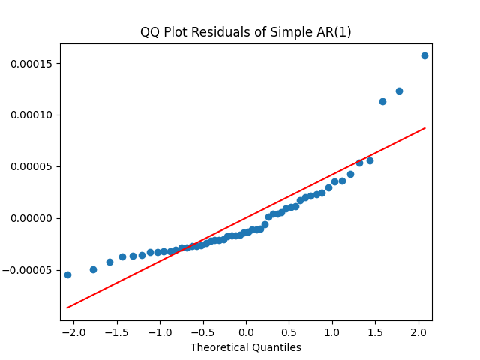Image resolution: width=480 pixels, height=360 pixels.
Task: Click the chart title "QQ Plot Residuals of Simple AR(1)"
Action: tap(246, 32)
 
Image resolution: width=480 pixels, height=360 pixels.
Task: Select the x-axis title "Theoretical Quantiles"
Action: tap(246, 347)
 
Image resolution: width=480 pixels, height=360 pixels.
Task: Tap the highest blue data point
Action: tap(424, 55)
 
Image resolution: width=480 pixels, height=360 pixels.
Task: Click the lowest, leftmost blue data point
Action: tap(67, 274)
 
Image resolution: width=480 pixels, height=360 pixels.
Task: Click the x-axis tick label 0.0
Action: tap(246, 331)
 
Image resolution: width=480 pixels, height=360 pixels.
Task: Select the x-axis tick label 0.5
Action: tap(289, 331)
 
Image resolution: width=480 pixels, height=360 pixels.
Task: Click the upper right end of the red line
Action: tap(425, 128)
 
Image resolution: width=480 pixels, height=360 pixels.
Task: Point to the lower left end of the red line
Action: tap(67, 307)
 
